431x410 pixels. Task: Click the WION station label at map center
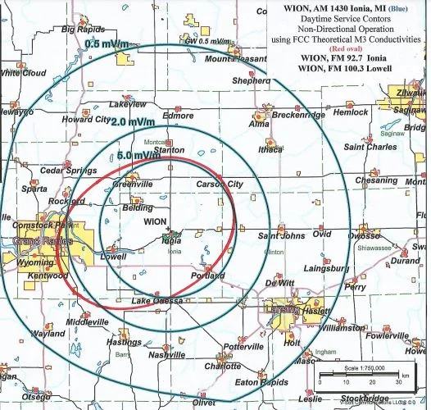click(x=156, y=221)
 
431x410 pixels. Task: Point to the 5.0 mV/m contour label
click(x=137, y=155)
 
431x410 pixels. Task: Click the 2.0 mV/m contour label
click(x=131, y=122)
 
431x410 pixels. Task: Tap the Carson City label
click(x=220, y=184)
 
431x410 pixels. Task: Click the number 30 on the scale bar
click(x=398, y=382)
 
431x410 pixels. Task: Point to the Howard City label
click(x=87, y=120)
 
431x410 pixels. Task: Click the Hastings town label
click(x=124, y=341)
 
